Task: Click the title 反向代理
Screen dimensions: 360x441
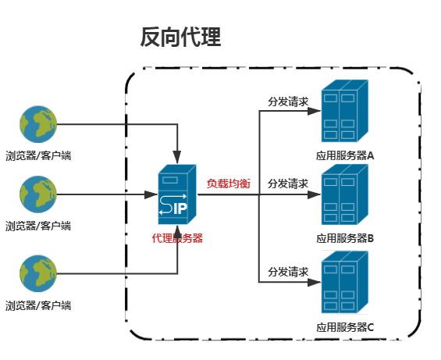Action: [x=180, y=37]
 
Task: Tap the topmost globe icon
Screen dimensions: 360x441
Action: [x=38, y=124]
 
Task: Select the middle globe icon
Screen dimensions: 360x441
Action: [x=38, y=194]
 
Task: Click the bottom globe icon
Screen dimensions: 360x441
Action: [x=38, y=273]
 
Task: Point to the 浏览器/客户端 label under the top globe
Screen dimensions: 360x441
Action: [x=38, y=155]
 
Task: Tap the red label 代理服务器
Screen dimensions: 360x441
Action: [x=177, y=238]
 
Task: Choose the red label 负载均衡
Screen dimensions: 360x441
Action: [x=228, y=184]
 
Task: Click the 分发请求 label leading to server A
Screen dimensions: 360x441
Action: [x=288, y=102]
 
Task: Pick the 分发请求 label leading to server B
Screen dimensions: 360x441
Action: [x=288, y=184]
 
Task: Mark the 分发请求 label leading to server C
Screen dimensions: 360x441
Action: [x=288, y=272]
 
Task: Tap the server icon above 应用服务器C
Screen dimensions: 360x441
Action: [x=343, y=282]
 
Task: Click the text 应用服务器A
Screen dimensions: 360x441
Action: [x=345, y=155]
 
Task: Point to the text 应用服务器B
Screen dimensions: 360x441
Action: [x=345, y=237]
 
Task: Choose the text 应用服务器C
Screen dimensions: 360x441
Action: [x=345, y=326]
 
